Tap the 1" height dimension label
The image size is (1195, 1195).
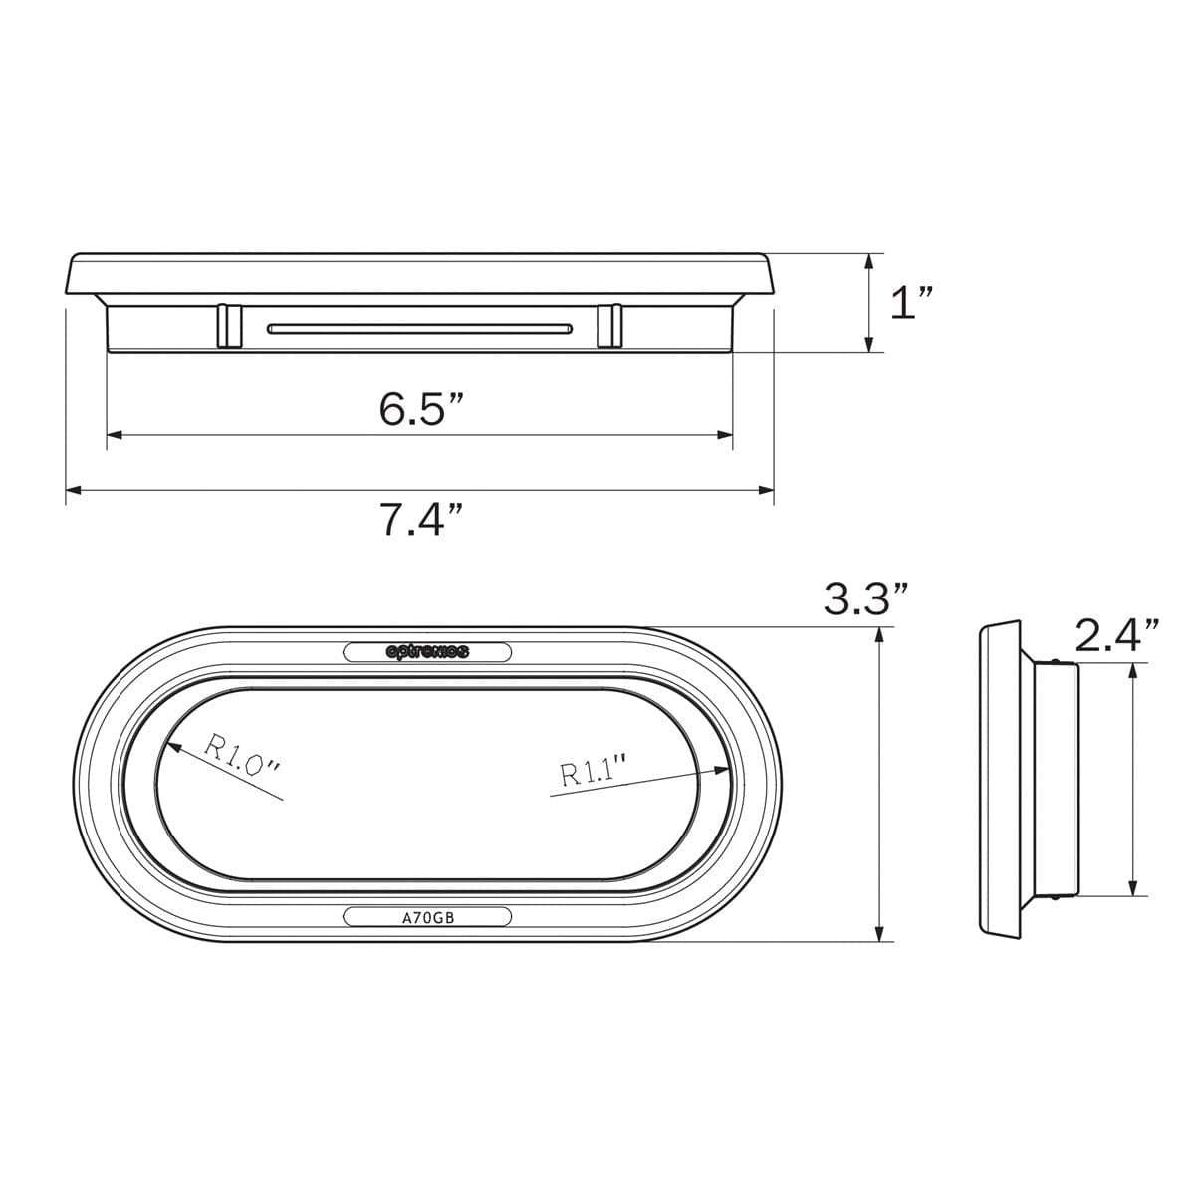click(x=911, y=302)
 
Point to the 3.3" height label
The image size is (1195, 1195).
click(x=865, y=599)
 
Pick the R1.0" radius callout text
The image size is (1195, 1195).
click(x=243, y=756)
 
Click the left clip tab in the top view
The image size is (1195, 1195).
click(x=228, y=326)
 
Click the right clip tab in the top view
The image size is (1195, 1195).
click(x=608, y=326)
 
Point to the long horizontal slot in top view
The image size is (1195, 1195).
click(x=419, y=328)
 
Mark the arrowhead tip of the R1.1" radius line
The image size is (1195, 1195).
click(x=728, y=767)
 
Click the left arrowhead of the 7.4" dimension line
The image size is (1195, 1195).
click(x=70, y=489)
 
